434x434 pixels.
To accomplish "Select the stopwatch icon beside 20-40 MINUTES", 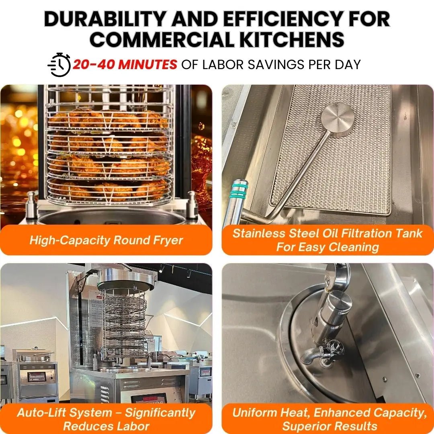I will click(59, 64).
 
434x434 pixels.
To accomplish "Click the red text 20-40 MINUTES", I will click(125, 64).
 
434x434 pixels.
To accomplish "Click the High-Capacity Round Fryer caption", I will click(106, 240).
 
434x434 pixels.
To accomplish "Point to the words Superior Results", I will click(330, 426).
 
